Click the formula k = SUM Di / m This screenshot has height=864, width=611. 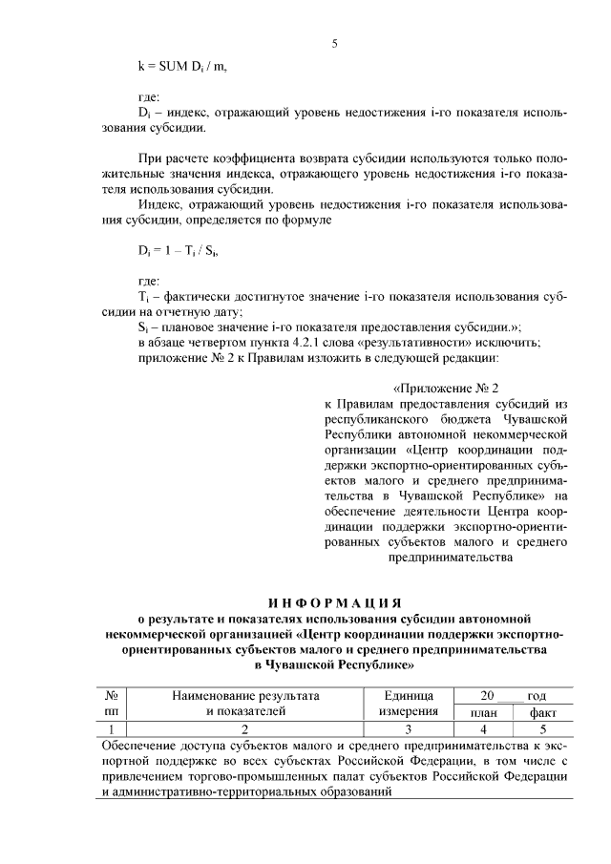tap(182, 66)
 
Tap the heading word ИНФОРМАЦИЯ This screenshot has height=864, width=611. tap(332, 602)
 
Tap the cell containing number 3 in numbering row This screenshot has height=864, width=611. tap(408, 728)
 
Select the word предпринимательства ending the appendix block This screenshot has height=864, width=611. tap(447, 560)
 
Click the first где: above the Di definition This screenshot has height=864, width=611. tap(149, 96)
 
